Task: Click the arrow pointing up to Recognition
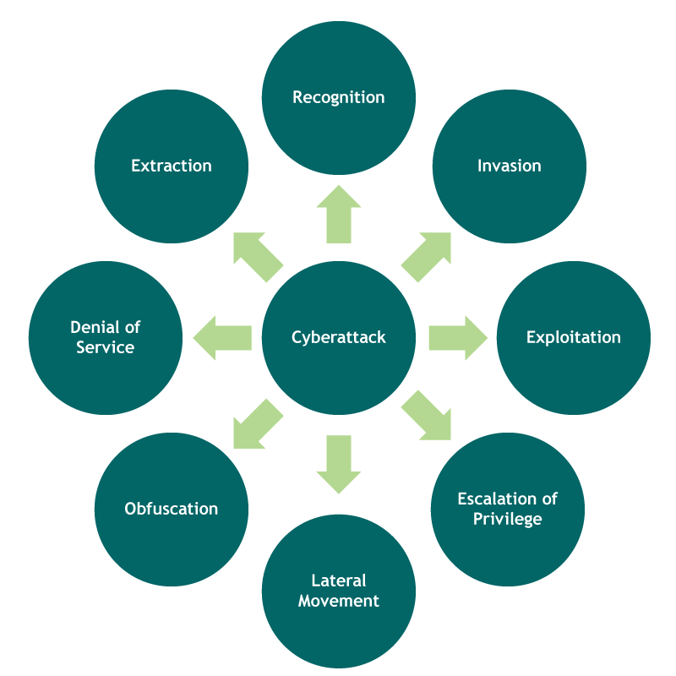point(339,215)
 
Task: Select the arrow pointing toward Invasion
point(425,257)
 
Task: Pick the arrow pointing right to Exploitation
point(457,338)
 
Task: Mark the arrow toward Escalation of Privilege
point(425,416)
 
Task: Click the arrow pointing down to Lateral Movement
point(339,463)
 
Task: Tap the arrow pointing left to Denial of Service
point(223,338)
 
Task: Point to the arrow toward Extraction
point(257,257)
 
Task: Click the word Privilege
point(508,519)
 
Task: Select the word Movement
point(339,601)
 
